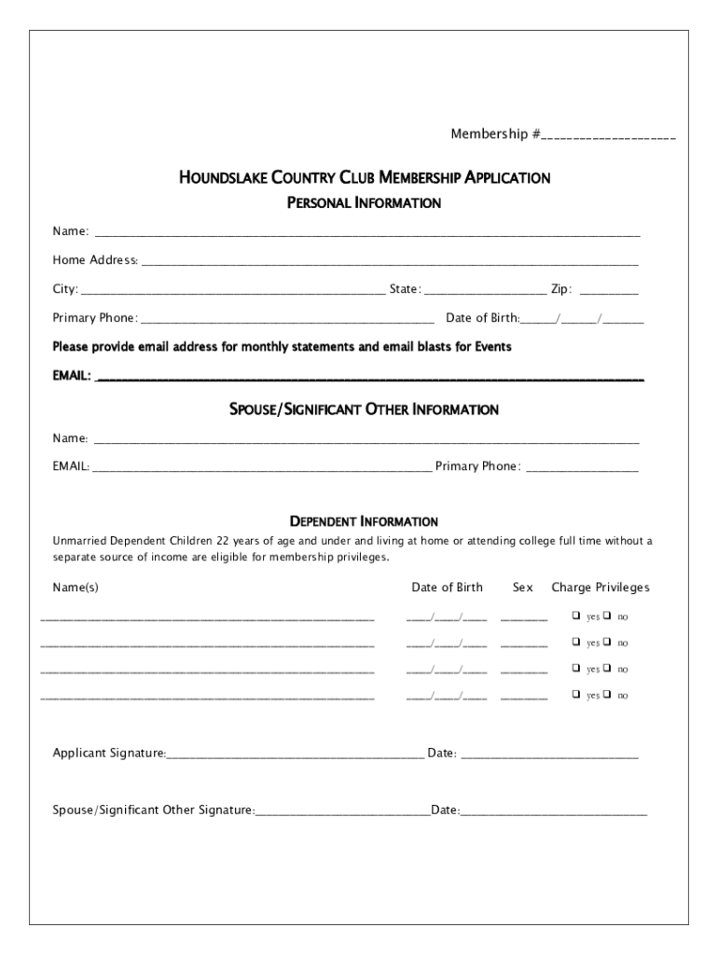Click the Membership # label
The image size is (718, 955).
495,135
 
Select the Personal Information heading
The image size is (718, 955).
364,202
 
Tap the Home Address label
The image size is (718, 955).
95,260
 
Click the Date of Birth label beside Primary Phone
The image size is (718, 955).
482,318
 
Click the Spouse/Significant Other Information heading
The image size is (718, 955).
364,409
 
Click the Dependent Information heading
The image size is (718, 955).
364,521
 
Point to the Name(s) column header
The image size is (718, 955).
76,588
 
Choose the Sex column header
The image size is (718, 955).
522,588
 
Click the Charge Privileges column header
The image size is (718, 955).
601,588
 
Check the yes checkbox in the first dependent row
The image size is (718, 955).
575,616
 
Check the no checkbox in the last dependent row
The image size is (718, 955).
607,695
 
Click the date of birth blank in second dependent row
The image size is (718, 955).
446,643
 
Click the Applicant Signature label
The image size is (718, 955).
109,753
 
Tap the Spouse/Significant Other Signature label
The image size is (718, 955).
154,810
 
